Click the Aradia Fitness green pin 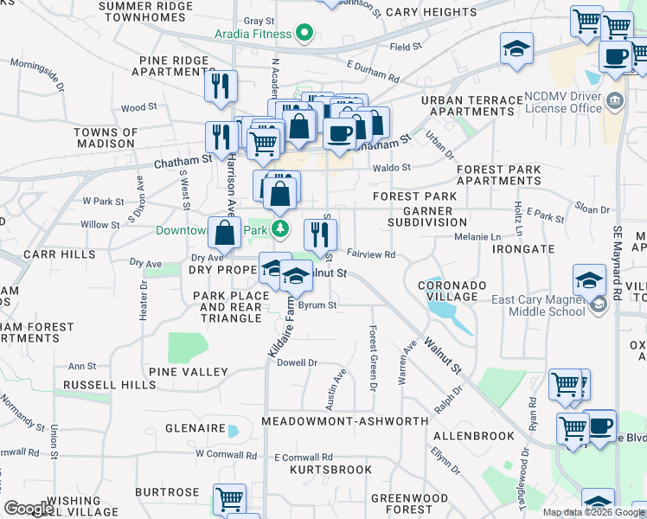304,35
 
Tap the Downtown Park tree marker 279,230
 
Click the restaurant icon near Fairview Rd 321,234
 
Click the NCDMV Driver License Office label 563,103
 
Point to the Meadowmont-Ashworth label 344,420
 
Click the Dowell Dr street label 298,363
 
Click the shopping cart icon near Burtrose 229,499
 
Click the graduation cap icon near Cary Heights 516,48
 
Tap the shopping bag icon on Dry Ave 225,232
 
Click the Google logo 29,509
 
